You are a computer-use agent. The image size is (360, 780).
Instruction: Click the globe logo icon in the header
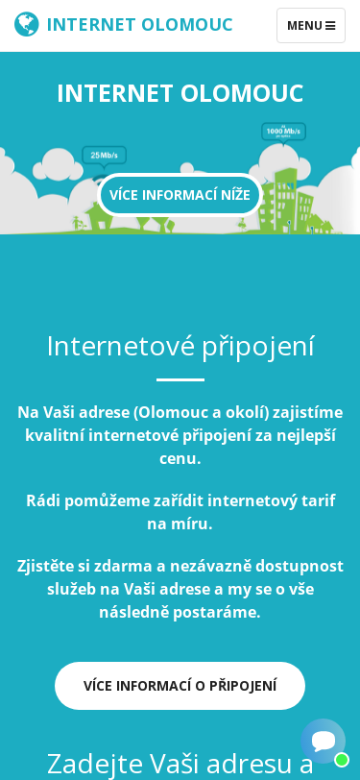point(26,24)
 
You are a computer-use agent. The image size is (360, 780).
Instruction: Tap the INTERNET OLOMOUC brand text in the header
point(139,24)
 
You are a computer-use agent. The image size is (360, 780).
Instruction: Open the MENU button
point(310,25)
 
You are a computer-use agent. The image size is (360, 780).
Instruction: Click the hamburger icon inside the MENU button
point(330,25)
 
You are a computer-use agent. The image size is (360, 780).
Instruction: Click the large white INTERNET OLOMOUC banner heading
point(180,93)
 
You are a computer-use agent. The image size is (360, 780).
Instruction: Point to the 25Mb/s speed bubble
point(104,155)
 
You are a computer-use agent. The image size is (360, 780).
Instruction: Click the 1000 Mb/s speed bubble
point(283,132)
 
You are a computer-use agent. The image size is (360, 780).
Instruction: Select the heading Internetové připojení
point(180,345)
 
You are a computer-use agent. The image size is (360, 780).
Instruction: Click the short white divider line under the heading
point(180,379)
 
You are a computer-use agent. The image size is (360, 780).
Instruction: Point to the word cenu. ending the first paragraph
point(180,458)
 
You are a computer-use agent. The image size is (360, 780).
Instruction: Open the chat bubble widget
point(323,742)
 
